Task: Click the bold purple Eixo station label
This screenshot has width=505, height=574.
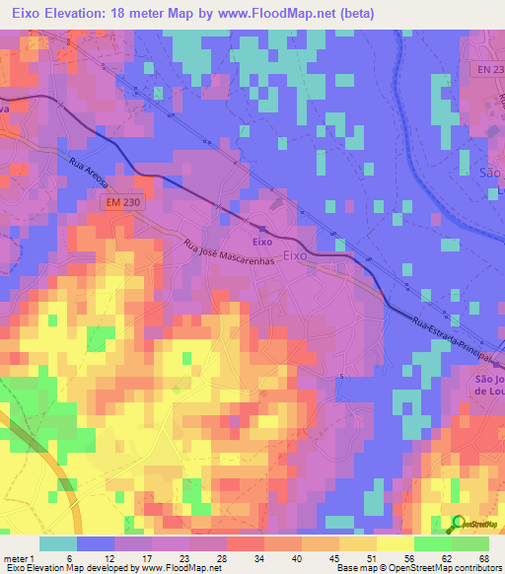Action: [261, 240]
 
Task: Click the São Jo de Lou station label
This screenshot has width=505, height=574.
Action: [482, 383]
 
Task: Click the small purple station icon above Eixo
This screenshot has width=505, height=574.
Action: [262, 229]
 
